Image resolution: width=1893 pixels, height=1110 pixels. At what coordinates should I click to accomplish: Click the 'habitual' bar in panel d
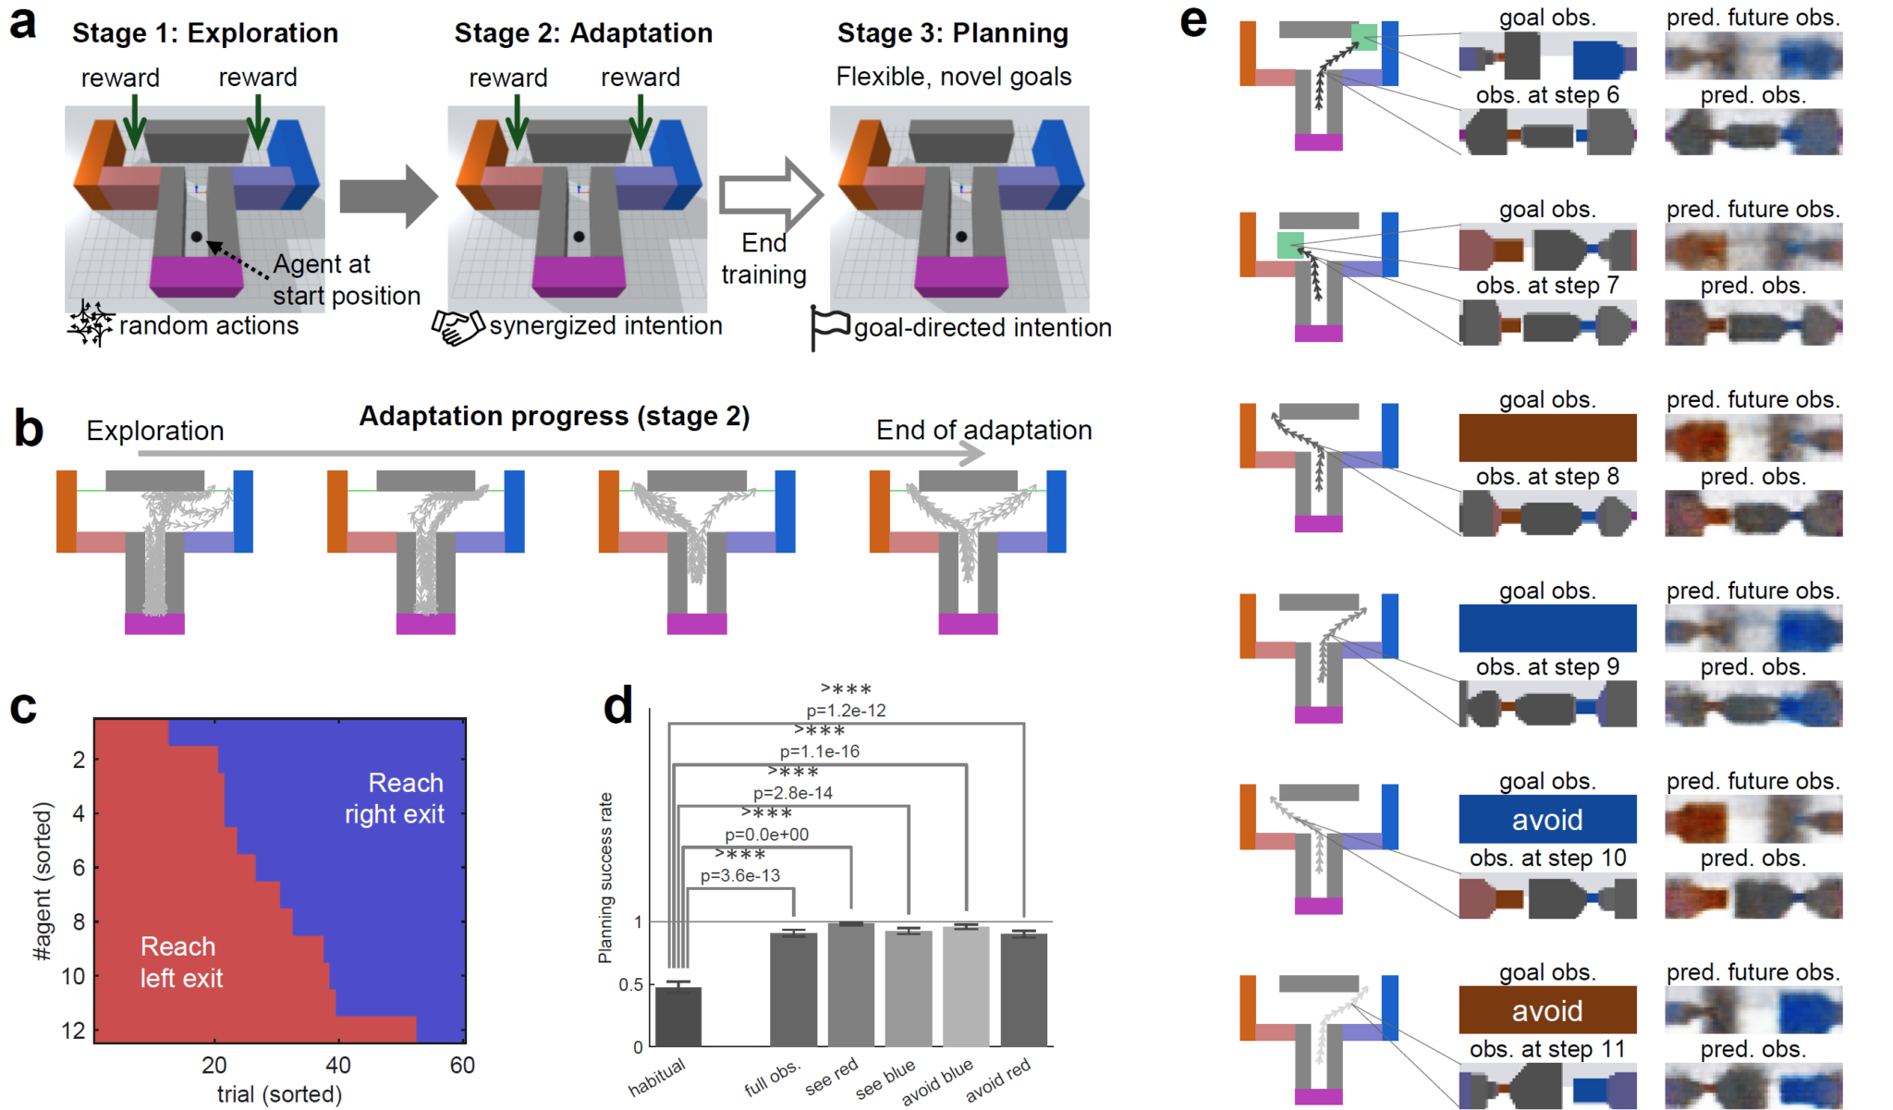pyautogui.click(x=678, y=1017)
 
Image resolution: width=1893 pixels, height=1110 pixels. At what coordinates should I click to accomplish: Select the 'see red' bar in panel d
pyautogui.click(x=850, y=984)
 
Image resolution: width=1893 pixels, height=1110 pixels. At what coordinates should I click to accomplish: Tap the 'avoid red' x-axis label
pyautogui.click(x=998, y=1081)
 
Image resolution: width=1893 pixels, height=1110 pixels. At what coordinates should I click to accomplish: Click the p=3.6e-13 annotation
pyautogui.click(x=739, y=875)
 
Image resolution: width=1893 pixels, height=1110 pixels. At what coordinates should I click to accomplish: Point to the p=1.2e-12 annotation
pyautogui.click(x=846, y=711)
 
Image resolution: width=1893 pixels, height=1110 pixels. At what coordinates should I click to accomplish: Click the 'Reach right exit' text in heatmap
pyautogui.click(x=395, y=799)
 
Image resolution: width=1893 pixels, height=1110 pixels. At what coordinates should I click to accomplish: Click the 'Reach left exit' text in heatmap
pyautogui.click(x=180, y=962)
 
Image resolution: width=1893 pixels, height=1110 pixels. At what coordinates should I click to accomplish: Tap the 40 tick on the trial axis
pyautogui.click(x=338, y=1065)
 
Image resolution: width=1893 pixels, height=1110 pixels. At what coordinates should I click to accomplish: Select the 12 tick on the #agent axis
pyautogui.click(x=73, y=1031)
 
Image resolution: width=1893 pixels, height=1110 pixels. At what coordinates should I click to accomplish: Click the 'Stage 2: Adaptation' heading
pyautogui.click(x=583, y=33)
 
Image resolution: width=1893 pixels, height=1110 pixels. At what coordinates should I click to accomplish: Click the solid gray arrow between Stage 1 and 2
pyautogui.click(x=387, y=196)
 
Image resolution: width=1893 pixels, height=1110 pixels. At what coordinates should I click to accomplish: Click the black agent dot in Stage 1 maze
pyautogui.click(x=196, y=237)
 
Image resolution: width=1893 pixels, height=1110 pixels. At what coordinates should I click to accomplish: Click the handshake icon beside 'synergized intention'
pyautogui.click(x=458, y=327)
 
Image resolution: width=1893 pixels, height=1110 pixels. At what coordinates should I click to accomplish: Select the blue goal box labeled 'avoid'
pyautogui.click(x=1547, y=819)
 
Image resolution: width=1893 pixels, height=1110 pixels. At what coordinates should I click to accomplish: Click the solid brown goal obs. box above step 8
pyautogui.click(x=1547, y=438)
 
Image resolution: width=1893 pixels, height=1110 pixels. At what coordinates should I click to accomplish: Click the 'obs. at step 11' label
pyautogui.click(x=1547, y=1049)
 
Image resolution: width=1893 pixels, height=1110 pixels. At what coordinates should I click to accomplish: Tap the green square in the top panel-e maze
pyautogui.click(x=1363, y=37)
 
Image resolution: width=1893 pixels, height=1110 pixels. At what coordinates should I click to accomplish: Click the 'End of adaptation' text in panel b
pyautogui.click(x=983, y=431)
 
